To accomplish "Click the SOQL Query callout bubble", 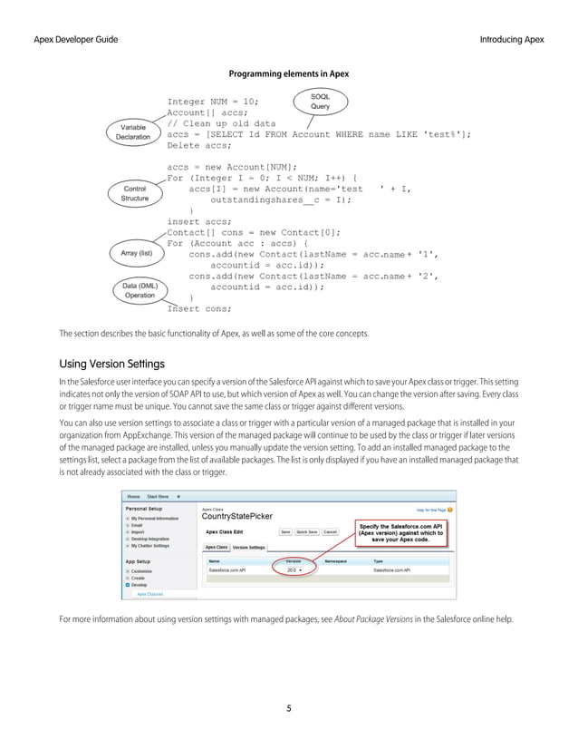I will click(x=320, y=101).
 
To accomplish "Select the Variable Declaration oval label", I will click(x=132, y=132).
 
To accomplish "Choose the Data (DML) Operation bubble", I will click(x=140, y=290).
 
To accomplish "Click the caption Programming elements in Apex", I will click(x=288, y=73).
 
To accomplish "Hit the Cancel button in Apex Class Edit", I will click(x=330, y=531).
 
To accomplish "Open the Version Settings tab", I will click(x=249, y=547).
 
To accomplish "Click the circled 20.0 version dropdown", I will click(x=294, y=569).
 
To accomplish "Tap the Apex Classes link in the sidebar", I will click(x=150, y=594).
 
